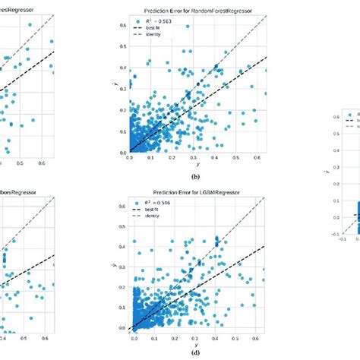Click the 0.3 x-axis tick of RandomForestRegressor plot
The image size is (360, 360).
pos(194,158)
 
